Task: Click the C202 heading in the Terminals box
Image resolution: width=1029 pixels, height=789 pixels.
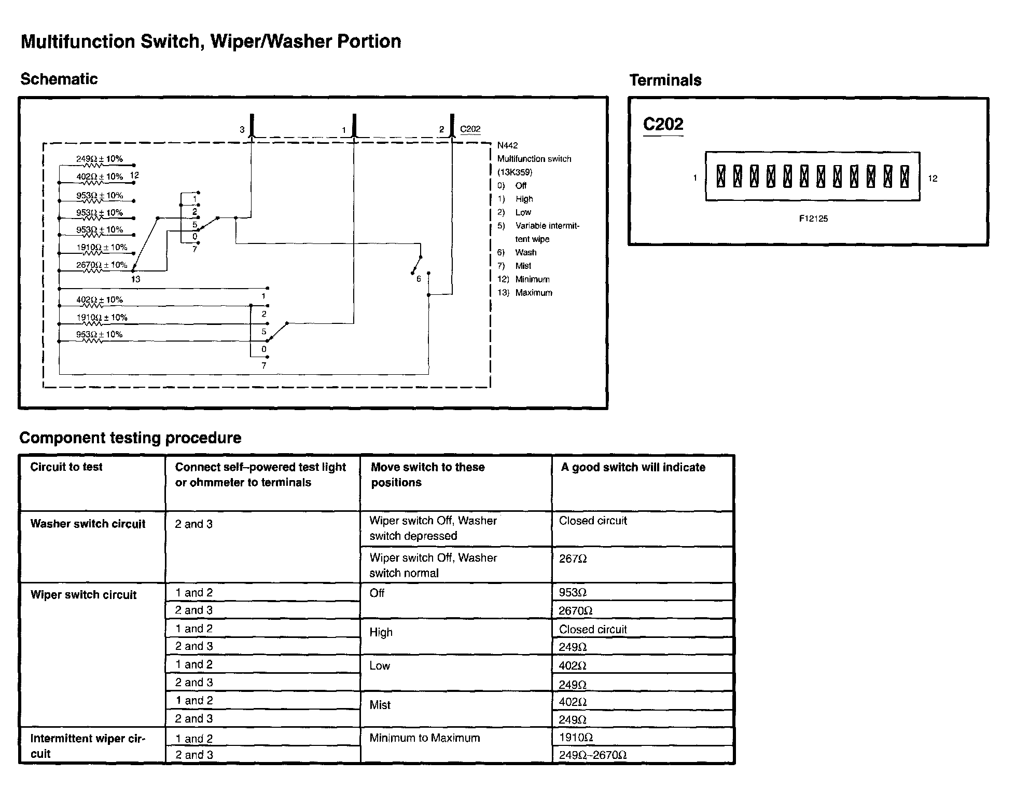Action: (663, 125)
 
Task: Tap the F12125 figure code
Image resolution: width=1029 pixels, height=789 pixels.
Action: (813, 219)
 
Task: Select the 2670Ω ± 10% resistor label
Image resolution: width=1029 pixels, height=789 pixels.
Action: (102, 265)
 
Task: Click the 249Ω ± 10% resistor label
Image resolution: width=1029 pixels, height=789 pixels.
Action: (100, 159)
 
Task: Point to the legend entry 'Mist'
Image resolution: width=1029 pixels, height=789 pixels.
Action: (523, 266)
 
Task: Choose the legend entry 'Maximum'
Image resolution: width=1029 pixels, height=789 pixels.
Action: (534, 293)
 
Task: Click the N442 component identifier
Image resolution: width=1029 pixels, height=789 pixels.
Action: (507, 145)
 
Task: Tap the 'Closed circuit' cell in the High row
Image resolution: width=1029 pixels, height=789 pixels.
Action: (593, 630)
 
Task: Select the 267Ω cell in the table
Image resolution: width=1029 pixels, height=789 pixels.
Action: (573, 559)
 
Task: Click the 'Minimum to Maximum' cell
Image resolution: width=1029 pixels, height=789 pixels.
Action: (425, 738)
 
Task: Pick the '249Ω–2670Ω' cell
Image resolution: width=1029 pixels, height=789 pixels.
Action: (593, 755)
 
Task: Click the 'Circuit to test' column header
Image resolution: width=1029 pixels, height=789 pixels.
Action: (66, 467)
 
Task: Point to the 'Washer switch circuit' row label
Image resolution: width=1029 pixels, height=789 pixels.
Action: (88, 524)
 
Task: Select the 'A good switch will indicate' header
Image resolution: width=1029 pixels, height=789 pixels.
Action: (633, 468)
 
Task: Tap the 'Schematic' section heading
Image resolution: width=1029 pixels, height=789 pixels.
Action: (59, 79)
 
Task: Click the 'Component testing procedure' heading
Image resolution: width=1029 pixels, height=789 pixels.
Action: (130, 438)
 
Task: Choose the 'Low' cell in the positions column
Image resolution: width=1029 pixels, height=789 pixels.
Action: (380, 666)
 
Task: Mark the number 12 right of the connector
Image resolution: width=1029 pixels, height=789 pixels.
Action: (933, 179)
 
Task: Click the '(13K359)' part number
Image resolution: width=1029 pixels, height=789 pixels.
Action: (514, 172)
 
